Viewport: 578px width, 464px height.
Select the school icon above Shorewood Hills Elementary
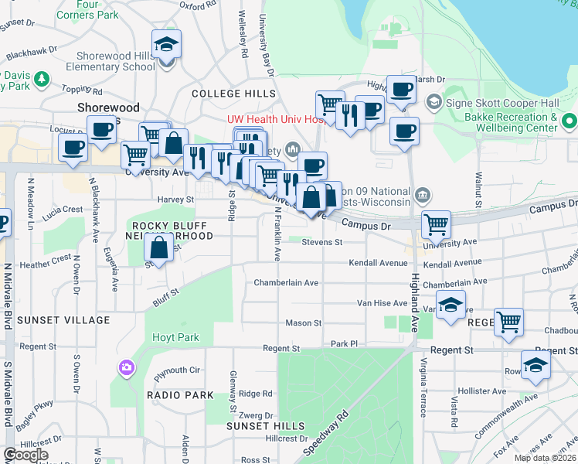pyautogui.click(x=165, y=46)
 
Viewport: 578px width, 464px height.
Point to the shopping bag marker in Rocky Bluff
pyautogui.click(x=159, y=250)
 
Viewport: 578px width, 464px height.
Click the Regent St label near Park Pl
pyautogui.click(x=280, y=349)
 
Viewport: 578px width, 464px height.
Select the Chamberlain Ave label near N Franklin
pyautogui.click(x=286, y=283)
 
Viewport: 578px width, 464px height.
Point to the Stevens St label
pyautogui.click(x=321, y=242)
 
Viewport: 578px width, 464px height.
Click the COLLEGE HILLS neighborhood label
pyautogui.click(x=233, y=94)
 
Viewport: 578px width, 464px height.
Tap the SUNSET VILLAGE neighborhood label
pyautogui.click(x=53, y=320)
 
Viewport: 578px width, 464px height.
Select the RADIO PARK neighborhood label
pyautogui.click(x=180, y=395)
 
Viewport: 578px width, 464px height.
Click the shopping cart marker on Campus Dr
pyautogui.click(x=437, y=226)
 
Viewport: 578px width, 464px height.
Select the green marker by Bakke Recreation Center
pyautogui.click(x=569, y=121)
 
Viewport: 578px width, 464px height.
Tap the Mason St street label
pyautogui.click(x=303, y=322)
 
